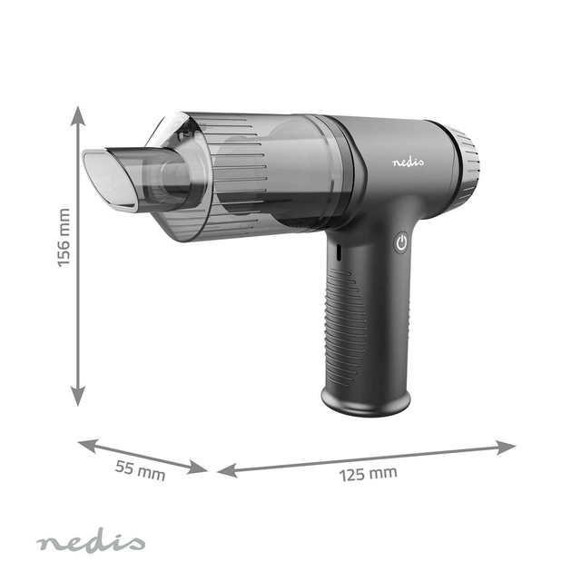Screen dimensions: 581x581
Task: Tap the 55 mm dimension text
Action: (140, 470)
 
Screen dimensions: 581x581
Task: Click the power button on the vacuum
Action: (401, 242)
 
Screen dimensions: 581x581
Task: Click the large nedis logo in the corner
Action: (90, 543)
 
